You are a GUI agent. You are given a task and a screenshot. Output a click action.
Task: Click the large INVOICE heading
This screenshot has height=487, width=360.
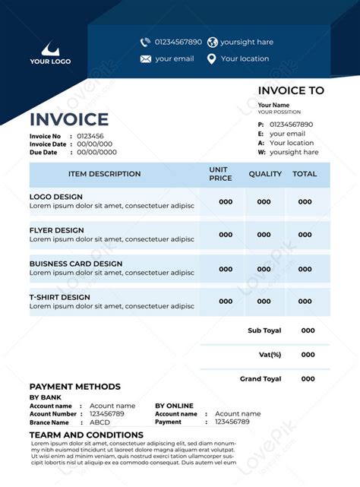pos(69,119)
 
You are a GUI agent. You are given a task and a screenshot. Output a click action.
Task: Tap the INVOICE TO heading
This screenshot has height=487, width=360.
pos(291,90)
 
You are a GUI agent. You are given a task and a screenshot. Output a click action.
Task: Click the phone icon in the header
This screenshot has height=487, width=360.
pos(145,42)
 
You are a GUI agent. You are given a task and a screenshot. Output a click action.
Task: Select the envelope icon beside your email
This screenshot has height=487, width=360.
pos(145,59)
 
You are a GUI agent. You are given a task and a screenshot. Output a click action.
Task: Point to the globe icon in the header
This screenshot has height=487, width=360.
pos(212,42)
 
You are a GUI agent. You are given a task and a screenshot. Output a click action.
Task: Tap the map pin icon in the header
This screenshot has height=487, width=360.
pos(212,59)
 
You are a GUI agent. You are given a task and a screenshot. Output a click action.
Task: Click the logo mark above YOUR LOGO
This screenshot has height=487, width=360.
pos(49,48)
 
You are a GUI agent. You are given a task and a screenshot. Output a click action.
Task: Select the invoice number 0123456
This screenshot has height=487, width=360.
pos(90,136)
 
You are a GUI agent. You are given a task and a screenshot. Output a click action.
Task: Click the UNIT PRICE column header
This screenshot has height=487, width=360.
pos(220,174)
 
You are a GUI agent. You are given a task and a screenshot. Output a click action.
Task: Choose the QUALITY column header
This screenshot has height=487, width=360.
pos(265,174)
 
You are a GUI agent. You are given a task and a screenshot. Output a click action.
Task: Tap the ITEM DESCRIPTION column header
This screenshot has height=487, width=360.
pos(104,174)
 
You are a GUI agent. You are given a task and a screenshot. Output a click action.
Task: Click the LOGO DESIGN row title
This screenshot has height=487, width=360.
pos(56,197)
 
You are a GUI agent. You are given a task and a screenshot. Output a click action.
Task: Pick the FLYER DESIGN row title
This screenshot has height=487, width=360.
pos(57,230)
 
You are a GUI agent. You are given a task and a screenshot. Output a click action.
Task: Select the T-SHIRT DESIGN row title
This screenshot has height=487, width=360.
pos(60,297)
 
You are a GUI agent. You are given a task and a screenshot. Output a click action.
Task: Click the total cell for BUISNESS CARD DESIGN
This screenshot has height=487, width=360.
pos(305,269)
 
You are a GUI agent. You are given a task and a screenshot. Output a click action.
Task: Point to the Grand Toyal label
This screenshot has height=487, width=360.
pos(261,378)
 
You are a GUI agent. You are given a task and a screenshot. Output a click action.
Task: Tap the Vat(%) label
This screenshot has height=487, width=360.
pos(270,355)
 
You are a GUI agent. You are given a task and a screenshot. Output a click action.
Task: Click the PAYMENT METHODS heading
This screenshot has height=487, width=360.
pos(74,387)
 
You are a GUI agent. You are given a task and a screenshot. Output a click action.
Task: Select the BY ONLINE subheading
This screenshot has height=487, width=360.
pos(174,406)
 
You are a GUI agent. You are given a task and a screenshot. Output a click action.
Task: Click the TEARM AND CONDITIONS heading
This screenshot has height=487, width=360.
pos(86,435)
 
